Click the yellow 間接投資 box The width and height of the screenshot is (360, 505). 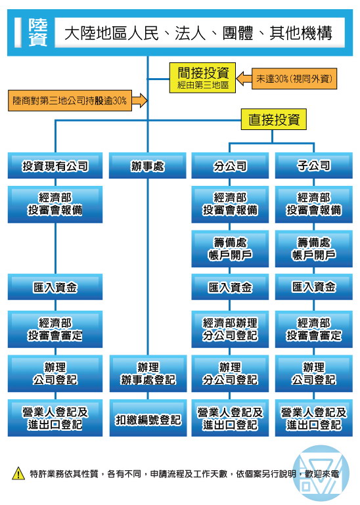click(x=202, y=78)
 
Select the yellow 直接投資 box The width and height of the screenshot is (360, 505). click(x=274, y=120)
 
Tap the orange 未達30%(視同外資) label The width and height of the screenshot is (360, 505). click(x=294, y=79)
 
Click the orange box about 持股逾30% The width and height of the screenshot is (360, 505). click(x=70, y=100)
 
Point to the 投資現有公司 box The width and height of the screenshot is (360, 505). click(x=55, y=165)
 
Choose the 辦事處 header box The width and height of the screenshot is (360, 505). click(x=148, y=165)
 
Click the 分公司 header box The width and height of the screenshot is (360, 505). click(x=230, y=165)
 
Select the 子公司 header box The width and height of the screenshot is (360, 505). click(x=313, y=165)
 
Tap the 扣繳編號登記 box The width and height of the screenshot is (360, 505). click(x=148, y=418)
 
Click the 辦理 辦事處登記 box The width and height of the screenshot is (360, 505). click(x=148, y=374)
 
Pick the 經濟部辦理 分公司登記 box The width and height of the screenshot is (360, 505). click(x=230, y=329)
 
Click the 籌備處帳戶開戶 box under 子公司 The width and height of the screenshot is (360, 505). click(x=313, y=249)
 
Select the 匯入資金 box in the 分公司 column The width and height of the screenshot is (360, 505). click(x=230, y=287)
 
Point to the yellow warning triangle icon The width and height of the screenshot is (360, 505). click(x=18, y=473)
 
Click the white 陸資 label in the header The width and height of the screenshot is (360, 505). click(x=37, y=32)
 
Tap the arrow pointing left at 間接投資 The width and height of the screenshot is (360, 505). click(x=244, y=78)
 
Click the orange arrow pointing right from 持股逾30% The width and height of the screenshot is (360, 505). click(x=139, y=100)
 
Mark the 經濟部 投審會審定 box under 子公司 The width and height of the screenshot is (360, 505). click(x=313, y=329)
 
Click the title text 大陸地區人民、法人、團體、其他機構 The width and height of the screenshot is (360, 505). click(x=198, y=33)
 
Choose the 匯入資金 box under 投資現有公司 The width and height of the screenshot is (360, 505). click(x=55, y=287)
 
